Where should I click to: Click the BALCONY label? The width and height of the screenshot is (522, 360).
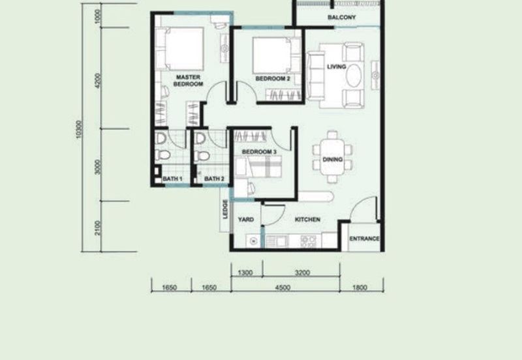coord(341,18)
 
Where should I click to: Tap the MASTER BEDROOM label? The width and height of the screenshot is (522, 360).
coord(189,80)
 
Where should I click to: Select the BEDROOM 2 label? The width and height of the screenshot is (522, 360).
coord(272,78)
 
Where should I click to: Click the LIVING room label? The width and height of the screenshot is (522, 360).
coord(337,67)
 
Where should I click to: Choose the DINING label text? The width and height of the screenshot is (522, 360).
coord(333,158)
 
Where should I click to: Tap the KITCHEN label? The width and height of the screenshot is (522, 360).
coord(307,220)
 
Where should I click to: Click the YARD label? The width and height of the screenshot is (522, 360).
coord(245,220)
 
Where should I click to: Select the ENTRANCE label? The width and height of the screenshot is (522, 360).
coord(364,239)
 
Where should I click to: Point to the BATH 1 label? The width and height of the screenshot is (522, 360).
coord(172,179)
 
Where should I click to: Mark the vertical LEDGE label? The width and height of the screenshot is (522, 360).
coord(225,209)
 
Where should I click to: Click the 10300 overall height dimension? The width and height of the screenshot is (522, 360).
coord(79,130)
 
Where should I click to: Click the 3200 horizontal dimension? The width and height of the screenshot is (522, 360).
coord(301,273)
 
